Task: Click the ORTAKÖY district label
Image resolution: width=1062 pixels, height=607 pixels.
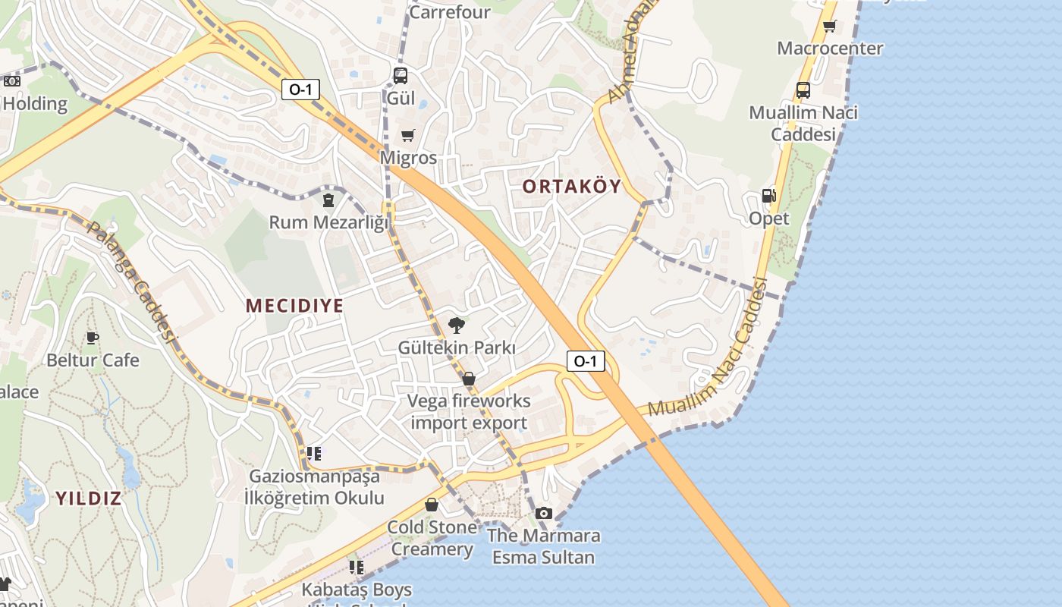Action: [572, 186]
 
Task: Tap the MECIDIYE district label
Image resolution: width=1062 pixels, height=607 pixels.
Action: [294, 306]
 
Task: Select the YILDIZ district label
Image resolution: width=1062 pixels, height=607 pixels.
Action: [88, 498]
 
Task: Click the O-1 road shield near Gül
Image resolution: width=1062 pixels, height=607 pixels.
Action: [300, 90]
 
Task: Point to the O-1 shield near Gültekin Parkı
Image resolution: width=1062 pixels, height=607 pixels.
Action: [585, 361]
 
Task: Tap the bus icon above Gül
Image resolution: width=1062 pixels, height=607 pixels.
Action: [401, 76]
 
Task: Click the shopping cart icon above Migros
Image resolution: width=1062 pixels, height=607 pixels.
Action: [408, 136]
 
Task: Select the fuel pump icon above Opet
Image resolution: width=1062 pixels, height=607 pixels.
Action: [768, 196]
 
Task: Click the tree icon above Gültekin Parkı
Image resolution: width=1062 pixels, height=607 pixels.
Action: [457, 326]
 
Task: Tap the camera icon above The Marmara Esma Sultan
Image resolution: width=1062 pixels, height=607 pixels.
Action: [543, 514]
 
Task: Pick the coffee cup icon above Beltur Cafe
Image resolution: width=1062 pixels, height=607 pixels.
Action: [93, 338]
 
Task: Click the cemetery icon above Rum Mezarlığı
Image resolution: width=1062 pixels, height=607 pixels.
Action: [328, 200]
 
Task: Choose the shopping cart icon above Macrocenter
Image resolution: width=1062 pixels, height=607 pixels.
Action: [830, 26]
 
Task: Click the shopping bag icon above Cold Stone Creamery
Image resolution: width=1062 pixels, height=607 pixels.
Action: [432, 505]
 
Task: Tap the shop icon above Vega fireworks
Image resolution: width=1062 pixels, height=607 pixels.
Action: [469, 379]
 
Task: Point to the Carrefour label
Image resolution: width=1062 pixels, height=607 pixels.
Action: [449, 12]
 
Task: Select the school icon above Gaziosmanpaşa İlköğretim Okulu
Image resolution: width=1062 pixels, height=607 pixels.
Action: [313, 454]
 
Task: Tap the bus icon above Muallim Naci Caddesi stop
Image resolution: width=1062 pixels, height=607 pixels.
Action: [803, 90]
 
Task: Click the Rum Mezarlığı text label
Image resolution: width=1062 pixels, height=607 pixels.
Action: [328, 222]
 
